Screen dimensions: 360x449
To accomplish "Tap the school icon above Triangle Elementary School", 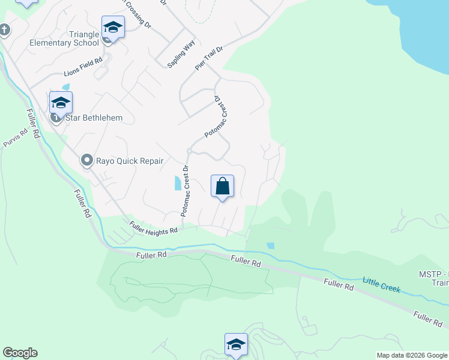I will coord(112,27).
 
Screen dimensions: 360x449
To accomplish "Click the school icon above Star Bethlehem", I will coord(61,103).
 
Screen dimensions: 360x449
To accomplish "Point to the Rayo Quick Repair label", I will coord(130,161).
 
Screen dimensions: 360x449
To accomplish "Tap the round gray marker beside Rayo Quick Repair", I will coord(87,160).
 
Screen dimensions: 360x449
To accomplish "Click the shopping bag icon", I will coord(222,186).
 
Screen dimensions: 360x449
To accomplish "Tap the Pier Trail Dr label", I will coord(208,58).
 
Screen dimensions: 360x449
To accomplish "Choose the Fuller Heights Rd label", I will coord(154,227).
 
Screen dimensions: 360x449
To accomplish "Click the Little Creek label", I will coord(381,284).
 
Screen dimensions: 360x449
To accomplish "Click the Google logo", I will coord(20,353).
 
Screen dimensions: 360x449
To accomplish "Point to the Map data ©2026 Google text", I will coord(412,355).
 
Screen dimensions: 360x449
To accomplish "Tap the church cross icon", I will coord(4,30).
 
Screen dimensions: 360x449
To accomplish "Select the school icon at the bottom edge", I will coord(236,345).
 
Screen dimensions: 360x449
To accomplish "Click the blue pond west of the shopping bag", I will coord(176,183).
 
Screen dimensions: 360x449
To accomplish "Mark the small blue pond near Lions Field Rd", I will coord(65,87).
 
